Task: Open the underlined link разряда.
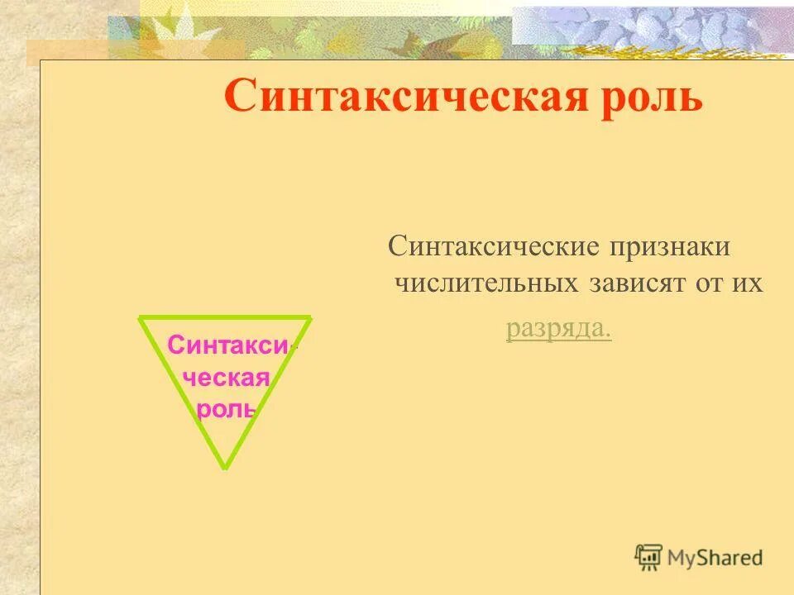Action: (558, 329)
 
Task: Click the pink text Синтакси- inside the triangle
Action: (228, 345)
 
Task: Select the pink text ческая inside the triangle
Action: (226, 378)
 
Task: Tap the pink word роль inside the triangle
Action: (226, 409)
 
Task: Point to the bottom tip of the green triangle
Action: (224, 467)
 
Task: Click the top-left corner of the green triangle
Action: (141, 318)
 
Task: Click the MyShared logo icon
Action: (648, 557)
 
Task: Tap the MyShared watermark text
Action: (716, 558)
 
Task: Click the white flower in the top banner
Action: (185, 25)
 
